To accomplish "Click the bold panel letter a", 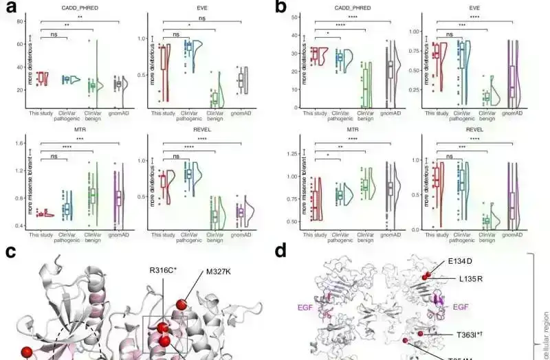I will (10, 9).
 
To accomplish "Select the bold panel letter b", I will (281, 9).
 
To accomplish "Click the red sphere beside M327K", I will (181, 304).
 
